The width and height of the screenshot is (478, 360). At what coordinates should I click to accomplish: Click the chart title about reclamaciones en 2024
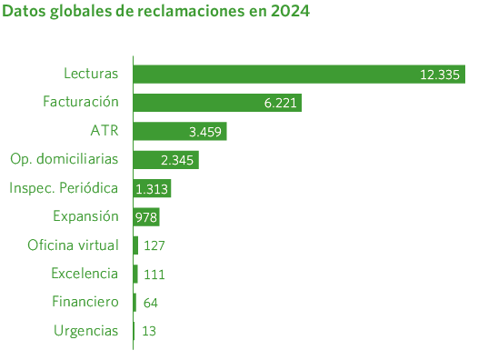click(156, 14)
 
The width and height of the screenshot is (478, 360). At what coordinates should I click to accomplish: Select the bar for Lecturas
click(273, 75)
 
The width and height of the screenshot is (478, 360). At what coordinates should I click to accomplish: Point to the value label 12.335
click(441, 75)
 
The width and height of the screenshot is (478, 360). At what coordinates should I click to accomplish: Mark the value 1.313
click(152, 189)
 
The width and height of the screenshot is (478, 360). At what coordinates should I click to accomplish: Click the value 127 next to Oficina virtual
click(154, 245)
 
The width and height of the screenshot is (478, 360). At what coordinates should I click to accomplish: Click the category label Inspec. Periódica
click(64, 188)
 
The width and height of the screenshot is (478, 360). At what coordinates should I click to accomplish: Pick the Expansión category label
click(85, 216)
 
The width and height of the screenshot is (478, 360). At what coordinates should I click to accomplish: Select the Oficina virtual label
click(74, 245)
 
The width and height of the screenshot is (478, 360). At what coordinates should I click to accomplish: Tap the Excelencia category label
click(85, 273)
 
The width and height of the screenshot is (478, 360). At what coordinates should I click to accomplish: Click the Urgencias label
click(86, 330)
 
